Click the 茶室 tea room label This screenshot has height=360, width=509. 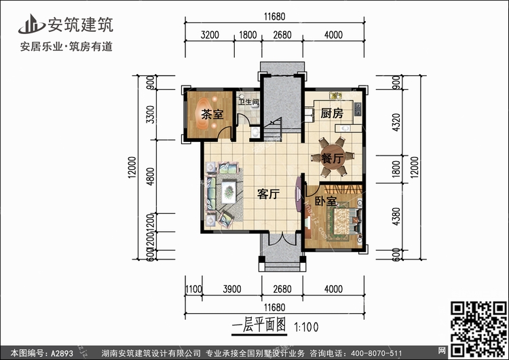(212, 114)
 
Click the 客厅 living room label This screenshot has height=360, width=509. (269, 194)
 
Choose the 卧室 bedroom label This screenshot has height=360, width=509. (326, 202)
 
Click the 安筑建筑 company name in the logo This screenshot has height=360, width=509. (79, 25)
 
